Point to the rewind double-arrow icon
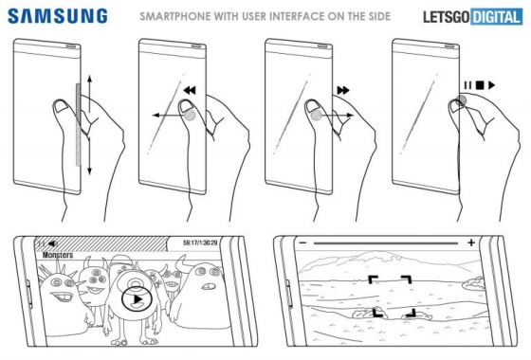(191, 90)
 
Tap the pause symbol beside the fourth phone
(467, 85)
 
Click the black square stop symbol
(479, 85)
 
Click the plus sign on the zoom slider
(470, 244)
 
